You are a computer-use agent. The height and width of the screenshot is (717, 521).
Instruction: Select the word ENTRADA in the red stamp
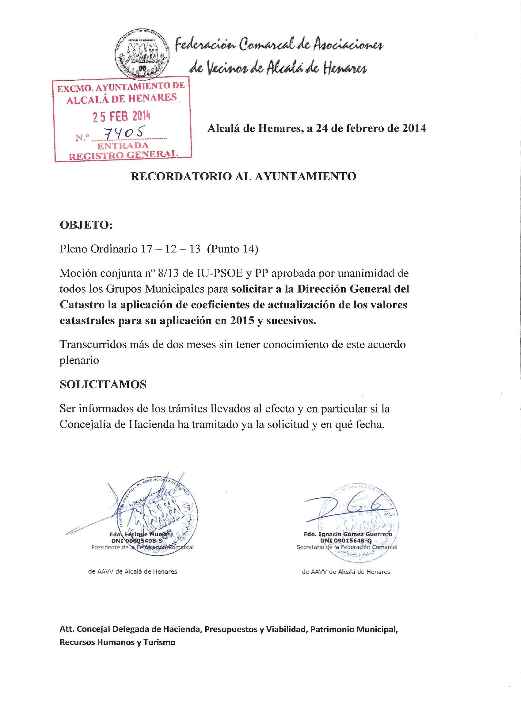coord(123,146)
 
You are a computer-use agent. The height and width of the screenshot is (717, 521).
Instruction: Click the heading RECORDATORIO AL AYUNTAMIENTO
coord(243,176)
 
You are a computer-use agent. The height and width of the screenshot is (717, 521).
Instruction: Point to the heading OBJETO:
coord(86,225)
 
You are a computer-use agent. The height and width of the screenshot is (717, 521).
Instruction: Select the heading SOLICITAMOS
coord(103,385)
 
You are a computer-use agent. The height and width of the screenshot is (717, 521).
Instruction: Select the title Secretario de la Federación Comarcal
coord(347,547)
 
